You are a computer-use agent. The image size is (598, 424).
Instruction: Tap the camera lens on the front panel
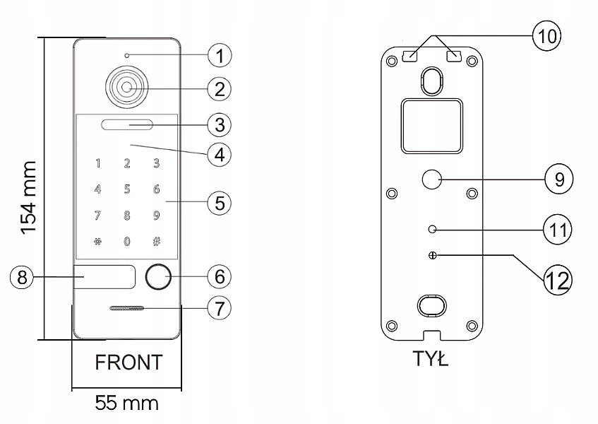click(x=126, y=88)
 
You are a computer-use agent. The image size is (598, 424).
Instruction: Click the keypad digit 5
click(x=127, y=189)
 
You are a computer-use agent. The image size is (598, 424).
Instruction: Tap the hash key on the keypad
click(x=156, y=242)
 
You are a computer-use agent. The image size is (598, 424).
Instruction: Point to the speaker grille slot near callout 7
click(x=127, y=310)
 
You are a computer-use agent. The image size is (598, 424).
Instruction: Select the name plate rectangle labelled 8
click(x=104, y=277)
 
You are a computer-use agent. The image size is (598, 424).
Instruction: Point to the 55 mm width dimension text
click(x=127, y=404)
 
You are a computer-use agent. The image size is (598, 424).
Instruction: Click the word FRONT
click(x=128, y=363)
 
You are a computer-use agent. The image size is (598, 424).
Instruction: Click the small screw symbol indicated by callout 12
click(x=432, y=256)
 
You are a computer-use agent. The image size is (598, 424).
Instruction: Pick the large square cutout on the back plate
click(x=432, y=126)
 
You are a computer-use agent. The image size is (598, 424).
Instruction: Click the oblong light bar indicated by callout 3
click(x=127, y=126)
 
